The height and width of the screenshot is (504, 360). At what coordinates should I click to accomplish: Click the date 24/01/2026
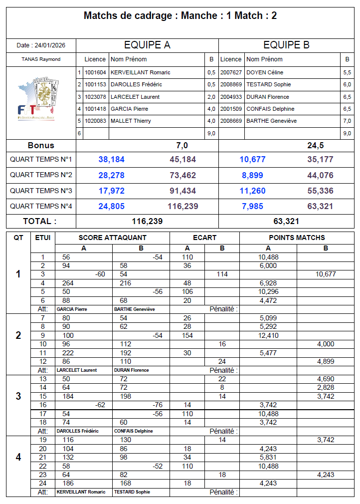[41, 45]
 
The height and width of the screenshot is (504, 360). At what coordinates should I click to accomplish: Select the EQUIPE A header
[147, 45]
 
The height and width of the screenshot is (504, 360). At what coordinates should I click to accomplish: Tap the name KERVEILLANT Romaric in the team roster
[140, 72]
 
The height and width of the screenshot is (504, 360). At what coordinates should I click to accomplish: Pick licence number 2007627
[231, 72]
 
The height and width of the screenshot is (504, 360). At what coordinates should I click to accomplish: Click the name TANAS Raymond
[41, 59]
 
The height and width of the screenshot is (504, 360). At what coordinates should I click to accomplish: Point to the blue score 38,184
[112, 160]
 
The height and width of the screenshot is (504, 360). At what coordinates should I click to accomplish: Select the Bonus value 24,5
[316, 146]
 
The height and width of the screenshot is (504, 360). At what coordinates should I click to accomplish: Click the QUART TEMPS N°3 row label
[41, 191]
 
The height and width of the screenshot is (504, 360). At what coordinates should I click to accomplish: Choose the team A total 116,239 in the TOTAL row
[147, 221]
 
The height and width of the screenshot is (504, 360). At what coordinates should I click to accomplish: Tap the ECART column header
[204, 238]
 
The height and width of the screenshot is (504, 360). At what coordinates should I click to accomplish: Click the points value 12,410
[268, 335]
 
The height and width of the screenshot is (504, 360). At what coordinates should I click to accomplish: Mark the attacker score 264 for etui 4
[68, 283]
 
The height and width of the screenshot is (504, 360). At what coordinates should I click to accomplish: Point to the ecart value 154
[187, 335]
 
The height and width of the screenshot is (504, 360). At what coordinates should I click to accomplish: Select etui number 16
[43, 405]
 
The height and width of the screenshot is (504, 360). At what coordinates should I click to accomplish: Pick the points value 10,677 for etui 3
[326, 274]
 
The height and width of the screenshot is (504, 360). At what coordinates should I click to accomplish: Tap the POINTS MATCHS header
[297, 238]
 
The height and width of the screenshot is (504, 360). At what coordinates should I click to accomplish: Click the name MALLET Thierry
[131, 121]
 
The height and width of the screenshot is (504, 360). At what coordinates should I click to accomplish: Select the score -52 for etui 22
[157, 466]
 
